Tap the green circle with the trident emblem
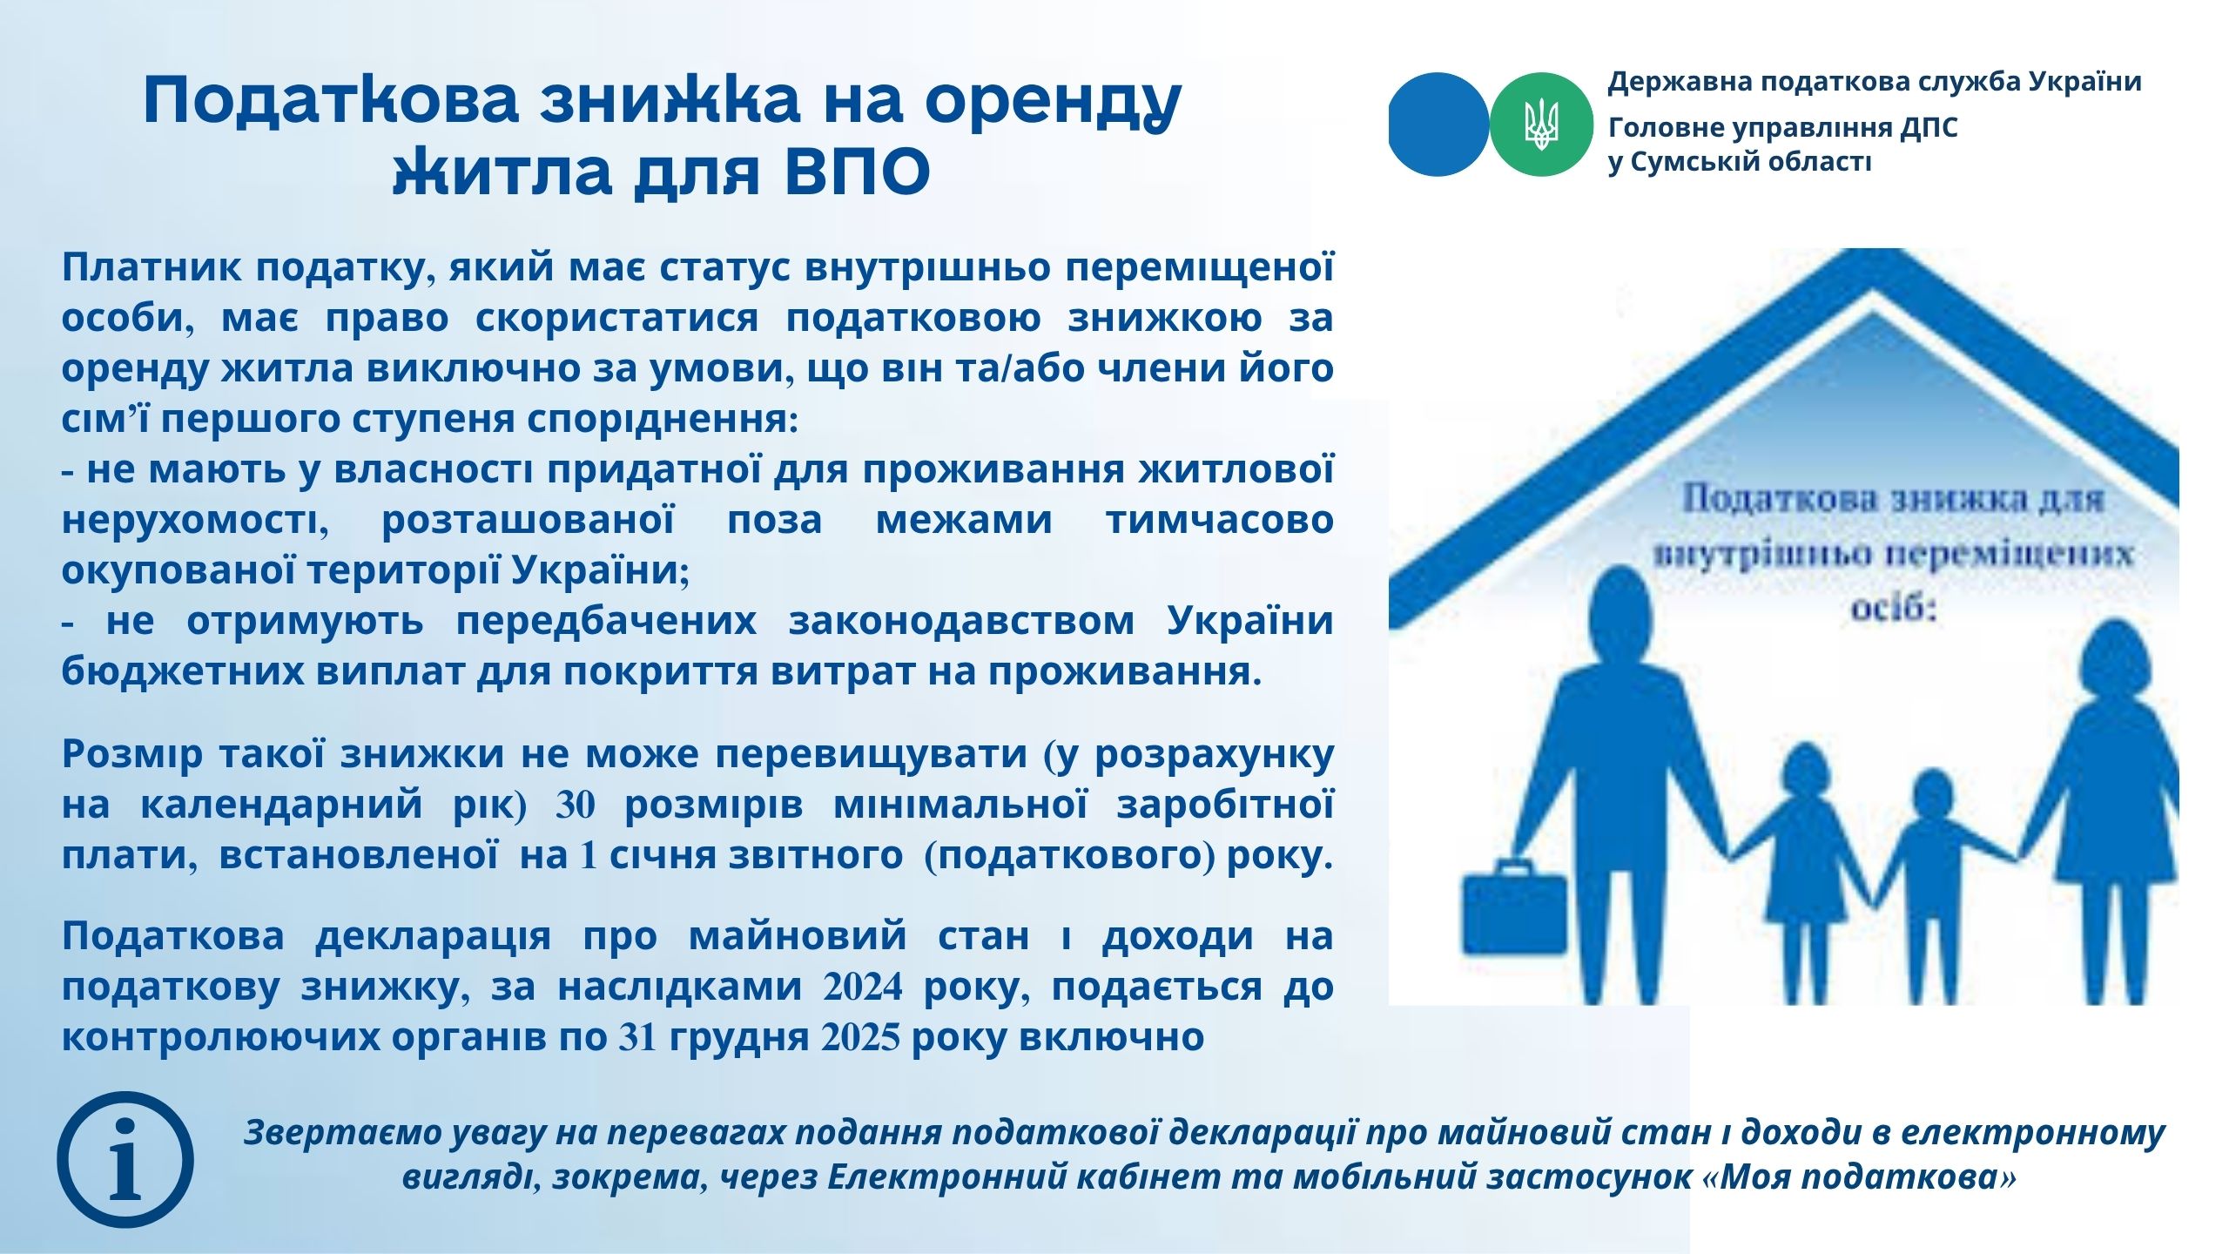(x=1541, y=125)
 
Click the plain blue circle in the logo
(x=1438, y=125)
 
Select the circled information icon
(x=125, y=1160)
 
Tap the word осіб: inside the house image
(x=1894, y=607)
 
